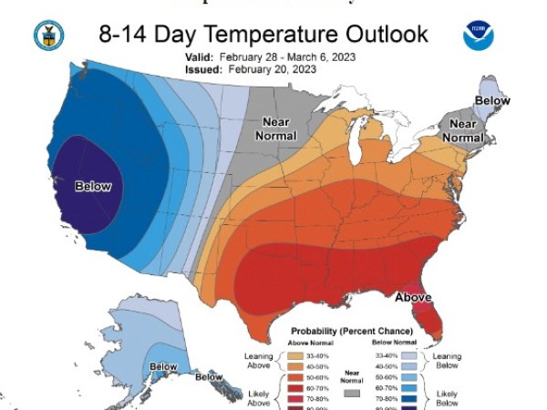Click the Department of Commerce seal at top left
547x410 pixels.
46,36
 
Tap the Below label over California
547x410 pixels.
92,187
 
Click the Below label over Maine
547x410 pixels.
492,101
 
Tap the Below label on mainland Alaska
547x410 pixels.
163,366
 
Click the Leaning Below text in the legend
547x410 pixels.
447,361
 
